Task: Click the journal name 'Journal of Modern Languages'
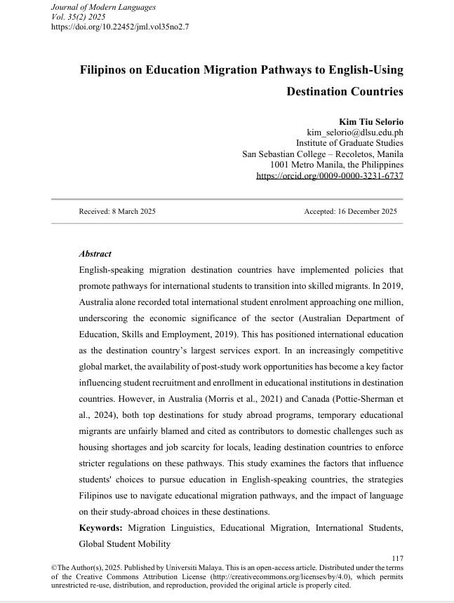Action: pyautogui.click(x=103, y=6)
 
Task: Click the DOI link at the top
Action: pyautogui.click(x=120, y=27)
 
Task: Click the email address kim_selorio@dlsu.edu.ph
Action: pyautogui.click(x=355, y=132)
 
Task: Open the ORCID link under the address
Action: pyautogui.click(x=331, y=176)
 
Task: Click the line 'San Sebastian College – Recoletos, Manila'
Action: pyautogui.click(x=323, y=154)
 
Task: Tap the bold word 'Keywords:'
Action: pyautogui.click(x=102, y=528)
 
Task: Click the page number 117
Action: pyautogui.click(x=398, y=557)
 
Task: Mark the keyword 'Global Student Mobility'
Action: pyautogui.click(x=125, y=543)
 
